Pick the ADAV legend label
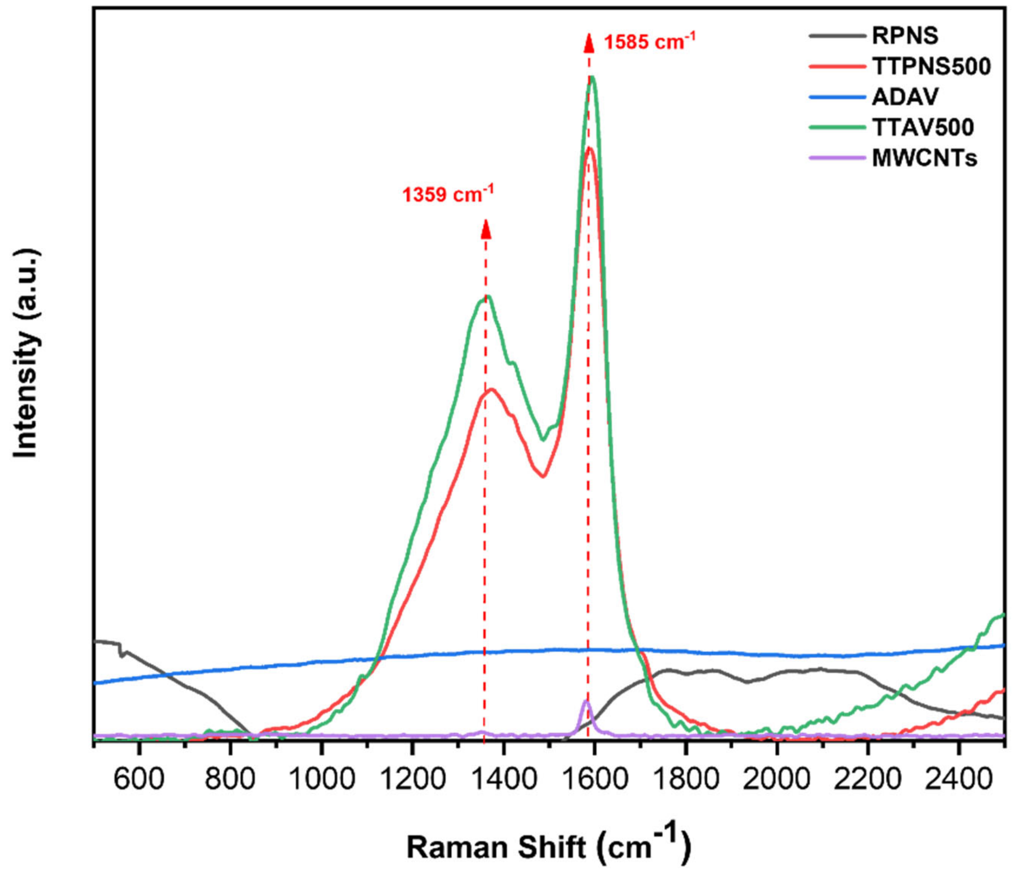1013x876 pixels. pos(905,97)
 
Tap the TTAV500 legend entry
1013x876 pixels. pos(923,127)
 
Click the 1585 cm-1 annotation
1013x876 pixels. pos(649,42)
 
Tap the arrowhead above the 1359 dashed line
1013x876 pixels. pos(486,229)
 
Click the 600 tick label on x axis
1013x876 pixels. pos(139,779)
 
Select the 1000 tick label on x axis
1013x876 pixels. pos(321,779)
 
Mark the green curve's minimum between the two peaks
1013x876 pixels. pos(542,440)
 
